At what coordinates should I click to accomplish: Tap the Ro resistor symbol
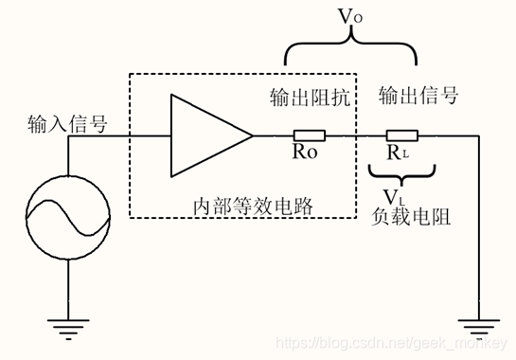point(309,135)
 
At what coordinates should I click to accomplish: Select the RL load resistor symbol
point(401,135)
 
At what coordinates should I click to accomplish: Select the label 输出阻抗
point(311,98)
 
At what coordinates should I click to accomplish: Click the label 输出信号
point(418,96)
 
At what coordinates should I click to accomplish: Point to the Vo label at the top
point(352,16)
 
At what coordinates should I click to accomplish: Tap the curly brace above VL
point(401,172)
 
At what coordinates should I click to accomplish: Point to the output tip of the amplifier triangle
point(252,135)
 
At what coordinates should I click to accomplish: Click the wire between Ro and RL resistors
point(355,135)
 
